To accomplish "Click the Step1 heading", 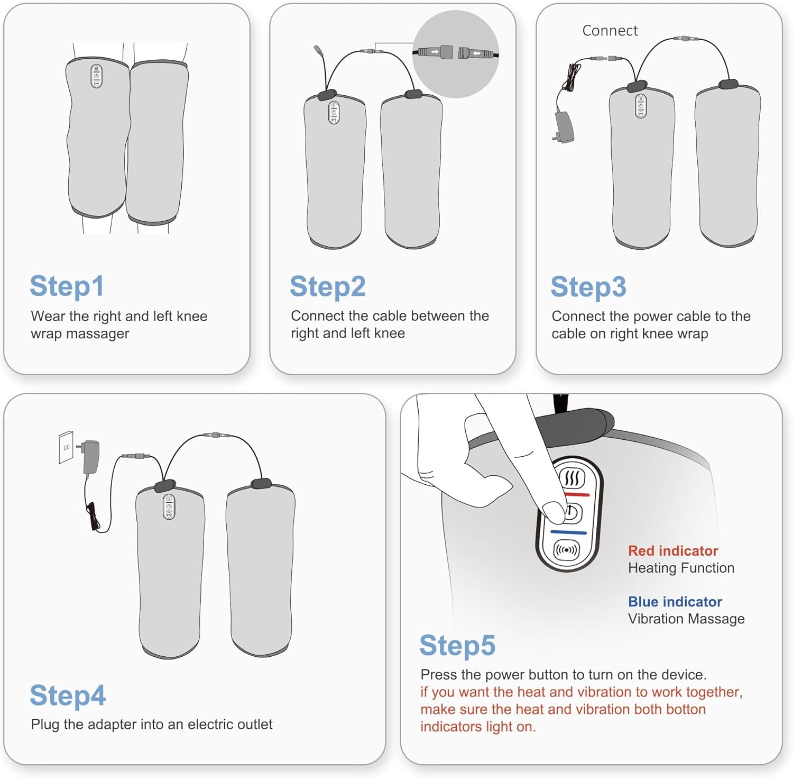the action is pyautogui.click(x=67, y=286).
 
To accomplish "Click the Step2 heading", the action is pyautogui.click(x=328, y=287).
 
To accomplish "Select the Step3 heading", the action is pyautogui.click(x=588, y=287).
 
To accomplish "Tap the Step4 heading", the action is pyautogui.click(x=68, y=695).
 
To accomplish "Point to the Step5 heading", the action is pyautogui.click(x=457, y=646).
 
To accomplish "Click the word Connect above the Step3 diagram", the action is pyautogui.click(x=610, y=31).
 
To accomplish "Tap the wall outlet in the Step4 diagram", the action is pyautogui.click(x=66, y=447).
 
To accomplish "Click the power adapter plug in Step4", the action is pyautogui.click(x=90, y=456).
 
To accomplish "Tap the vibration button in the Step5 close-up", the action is pyautogui.click(x=566, y=550).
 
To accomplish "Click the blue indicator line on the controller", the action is pyautogui.click(x=569, y=532).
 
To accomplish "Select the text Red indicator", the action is pyautogui.click(x=673, y=551).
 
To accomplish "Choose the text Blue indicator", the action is pyautogui.click(x=675, y=602).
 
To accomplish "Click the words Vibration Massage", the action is pyautogui.click(x=686, y=619).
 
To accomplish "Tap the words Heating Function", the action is pyautogui.click(x=681, y=568).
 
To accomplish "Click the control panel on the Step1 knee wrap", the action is pyautogui.click(x=97, y=76).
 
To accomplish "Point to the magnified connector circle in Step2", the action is pyautogui.click(x=456, y=54).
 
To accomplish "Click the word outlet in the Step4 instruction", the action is pyautogui.click(x=255, y=724).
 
